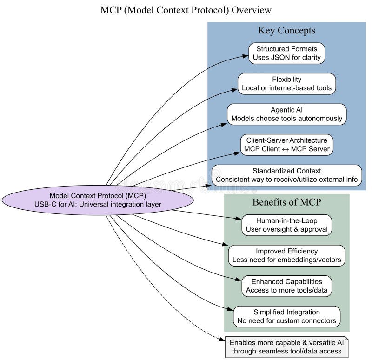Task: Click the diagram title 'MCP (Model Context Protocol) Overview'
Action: tap(186, 10)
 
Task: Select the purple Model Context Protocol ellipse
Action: tap(98, 200)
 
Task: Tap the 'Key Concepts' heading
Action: tap(286, 31)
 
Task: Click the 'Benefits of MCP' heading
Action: tap(286, 202)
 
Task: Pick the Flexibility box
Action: tap(286, 84)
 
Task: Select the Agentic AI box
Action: tap(286, 114)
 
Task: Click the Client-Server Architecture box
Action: tap(286, 145)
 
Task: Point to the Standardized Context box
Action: tap(286, 175)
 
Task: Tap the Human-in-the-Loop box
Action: tap(286, 225)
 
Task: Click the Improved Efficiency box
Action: tap(286, 255)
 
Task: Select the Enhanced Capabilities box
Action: tap(286, 286)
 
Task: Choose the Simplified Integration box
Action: tap(286, 316)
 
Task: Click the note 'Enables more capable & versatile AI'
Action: tap(286, 347)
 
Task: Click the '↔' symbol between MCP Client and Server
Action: tap(283, 149)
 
